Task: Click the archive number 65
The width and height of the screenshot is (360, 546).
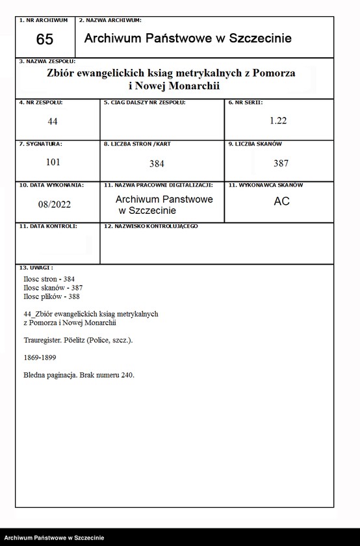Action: pyautogui.click(x=45, y=39)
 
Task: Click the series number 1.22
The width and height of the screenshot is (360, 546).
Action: pyautogui.click(x=278, y=120)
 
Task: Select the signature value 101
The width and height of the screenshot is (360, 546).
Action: pyautogui.click(x=53, y=162)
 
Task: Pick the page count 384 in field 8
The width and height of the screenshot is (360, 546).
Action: pyautogui.click(x=158, y=163)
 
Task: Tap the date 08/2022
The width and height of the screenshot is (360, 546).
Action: pyautogui.click(x=55, y=203)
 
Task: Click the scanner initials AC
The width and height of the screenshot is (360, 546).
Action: pyautogui.click(x=281, y=201)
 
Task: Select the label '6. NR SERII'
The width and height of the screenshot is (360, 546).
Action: pyautogui.click(x=246, y=103)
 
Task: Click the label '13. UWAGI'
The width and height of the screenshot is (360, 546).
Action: pyautogui.click(x=36, y=267)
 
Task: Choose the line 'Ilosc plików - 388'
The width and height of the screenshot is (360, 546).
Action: pyautogui.click(x=52, y=296)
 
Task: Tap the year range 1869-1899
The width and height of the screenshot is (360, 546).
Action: pyautogui.click(x=40, y=357)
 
